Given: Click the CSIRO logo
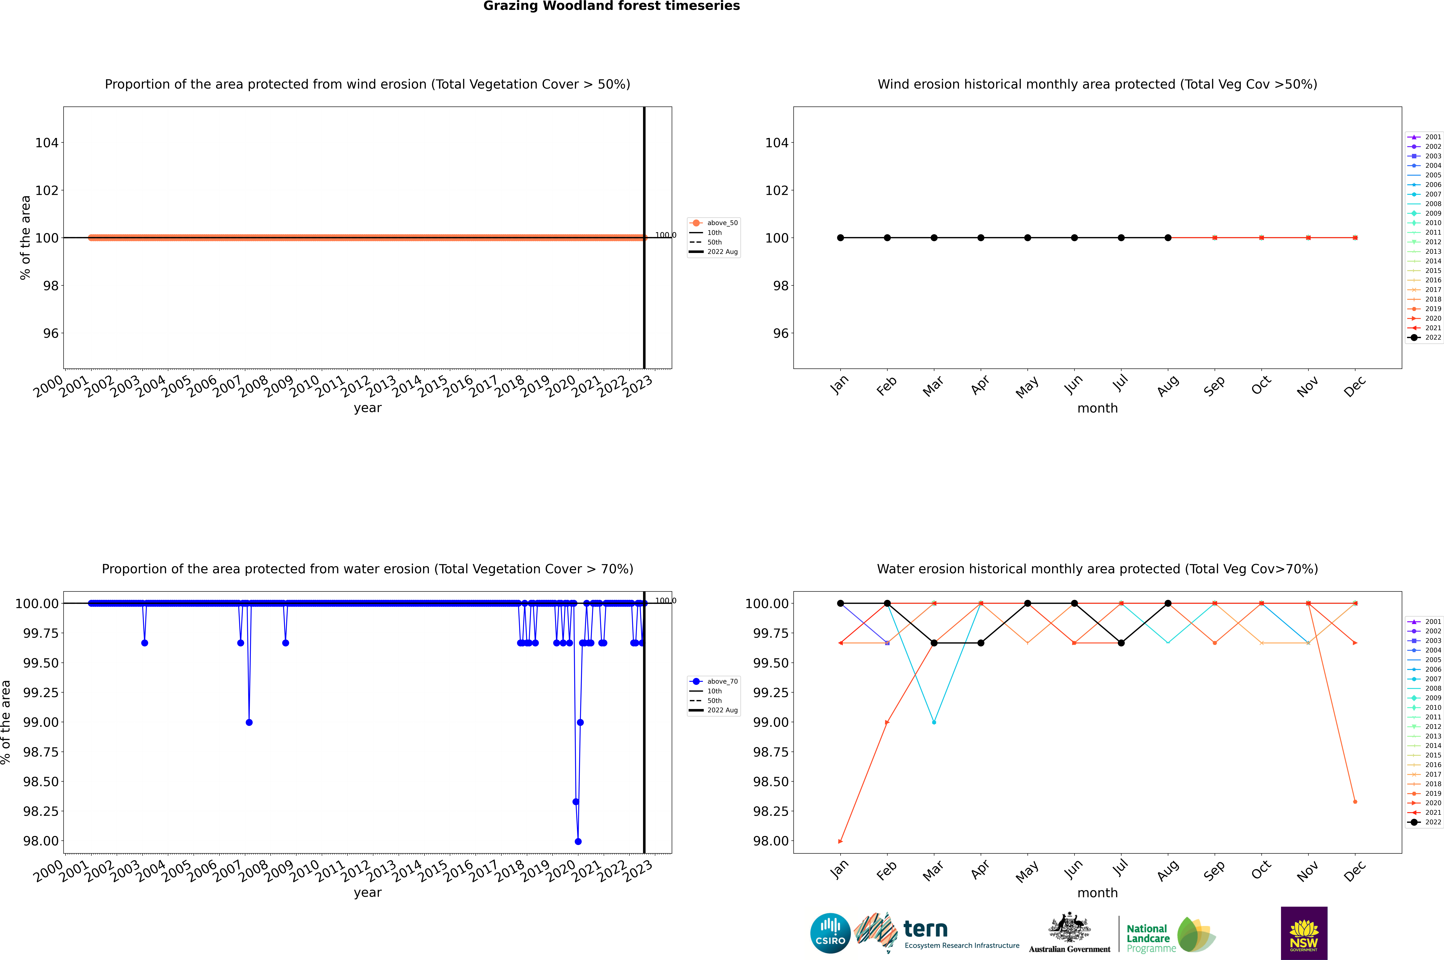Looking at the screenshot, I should (x=830, y=933).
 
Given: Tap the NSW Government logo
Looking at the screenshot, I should (x=1304, y=933).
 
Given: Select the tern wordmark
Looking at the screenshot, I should (x=926, y=929).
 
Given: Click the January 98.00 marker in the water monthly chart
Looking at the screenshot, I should (x=840, y=841).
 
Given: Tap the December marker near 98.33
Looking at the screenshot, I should (x=1355, y=801).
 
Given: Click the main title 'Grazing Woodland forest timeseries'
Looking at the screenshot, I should (x=612, y=6).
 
